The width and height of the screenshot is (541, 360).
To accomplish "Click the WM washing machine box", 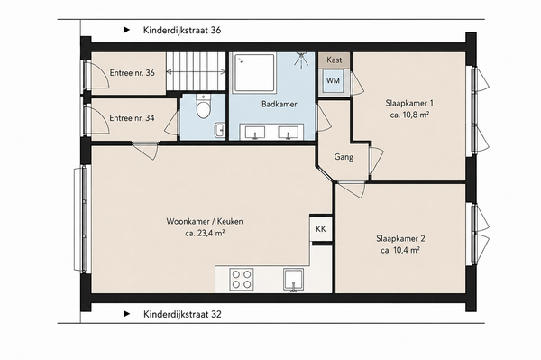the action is tap(333, 81).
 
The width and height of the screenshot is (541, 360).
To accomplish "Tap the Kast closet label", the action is tap(334, 60).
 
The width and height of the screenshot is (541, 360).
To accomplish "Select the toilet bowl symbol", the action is tap(203, 106).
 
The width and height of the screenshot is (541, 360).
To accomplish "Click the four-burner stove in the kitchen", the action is tap(242, 279).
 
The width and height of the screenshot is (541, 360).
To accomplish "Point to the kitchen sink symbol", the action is tap(294, 280).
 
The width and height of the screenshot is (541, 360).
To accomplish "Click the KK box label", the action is tap(320, 229).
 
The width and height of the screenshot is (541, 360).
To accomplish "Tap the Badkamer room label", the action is tap(280, 104).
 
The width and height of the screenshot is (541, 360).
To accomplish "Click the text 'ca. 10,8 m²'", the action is tap(409, 115).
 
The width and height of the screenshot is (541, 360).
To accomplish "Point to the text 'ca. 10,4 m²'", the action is tap(400, 250).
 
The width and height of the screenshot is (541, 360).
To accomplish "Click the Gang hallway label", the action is tap(344, 157).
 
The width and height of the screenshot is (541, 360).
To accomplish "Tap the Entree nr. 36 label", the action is tap(133, 73).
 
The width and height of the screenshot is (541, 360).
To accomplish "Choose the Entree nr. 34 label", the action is tap(132, 118).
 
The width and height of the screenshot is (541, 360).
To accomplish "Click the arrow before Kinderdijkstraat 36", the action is tap(127, 30).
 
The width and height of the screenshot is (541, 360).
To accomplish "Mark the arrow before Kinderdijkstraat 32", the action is tap(127, 314).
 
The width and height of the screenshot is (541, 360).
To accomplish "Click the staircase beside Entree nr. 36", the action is tap(196, 71).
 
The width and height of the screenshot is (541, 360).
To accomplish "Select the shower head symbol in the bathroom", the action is tap(302, 59).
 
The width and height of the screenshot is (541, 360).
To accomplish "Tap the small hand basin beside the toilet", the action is tap(219, 130).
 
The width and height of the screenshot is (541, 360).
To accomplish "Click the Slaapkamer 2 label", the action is tap(400, 238).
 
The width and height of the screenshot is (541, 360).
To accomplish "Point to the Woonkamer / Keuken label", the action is tap(205, 221).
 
